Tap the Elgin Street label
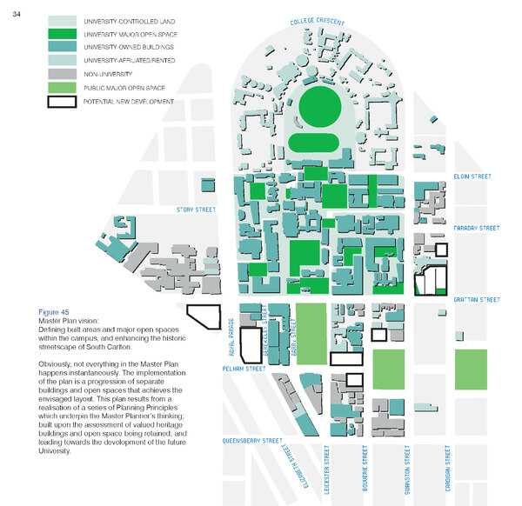[x=472, y=176]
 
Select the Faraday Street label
[x=477, y=229]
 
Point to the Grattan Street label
[x=477, y=300]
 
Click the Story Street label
[x=195, y=210]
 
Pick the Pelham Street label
[x=243, y=369]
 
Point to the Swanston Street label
[x=406, y=470]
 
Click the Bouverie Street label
[x=366, y=470]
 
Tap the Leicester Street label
[x=326, y=470]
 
